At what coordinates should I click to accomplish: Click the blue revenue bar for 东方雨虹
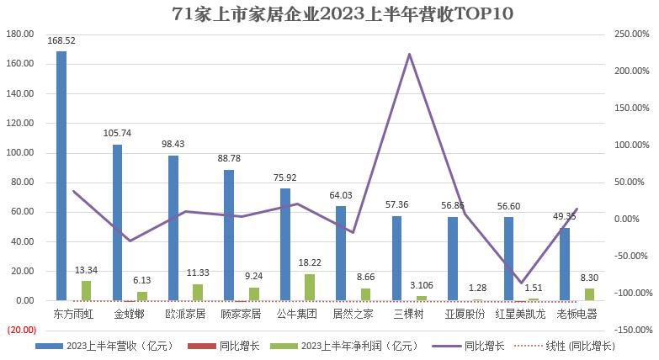pos(61,176)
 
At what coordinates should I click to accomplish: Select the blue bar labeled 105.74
pos(117,223)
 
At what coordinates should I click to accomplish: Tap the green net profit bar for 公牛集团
pos(310,287)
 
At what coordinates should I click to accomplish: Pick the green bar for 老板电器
pos(589,294)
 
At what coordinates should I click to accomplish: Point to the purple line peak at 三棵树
pos(409,55)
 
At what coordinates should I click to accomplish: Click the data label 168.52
pos(61,40)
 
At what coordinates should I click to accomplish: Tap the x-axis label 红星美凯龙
pos(520,314)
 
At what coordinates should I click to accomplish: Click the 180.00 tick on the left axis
pos(20,34)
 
